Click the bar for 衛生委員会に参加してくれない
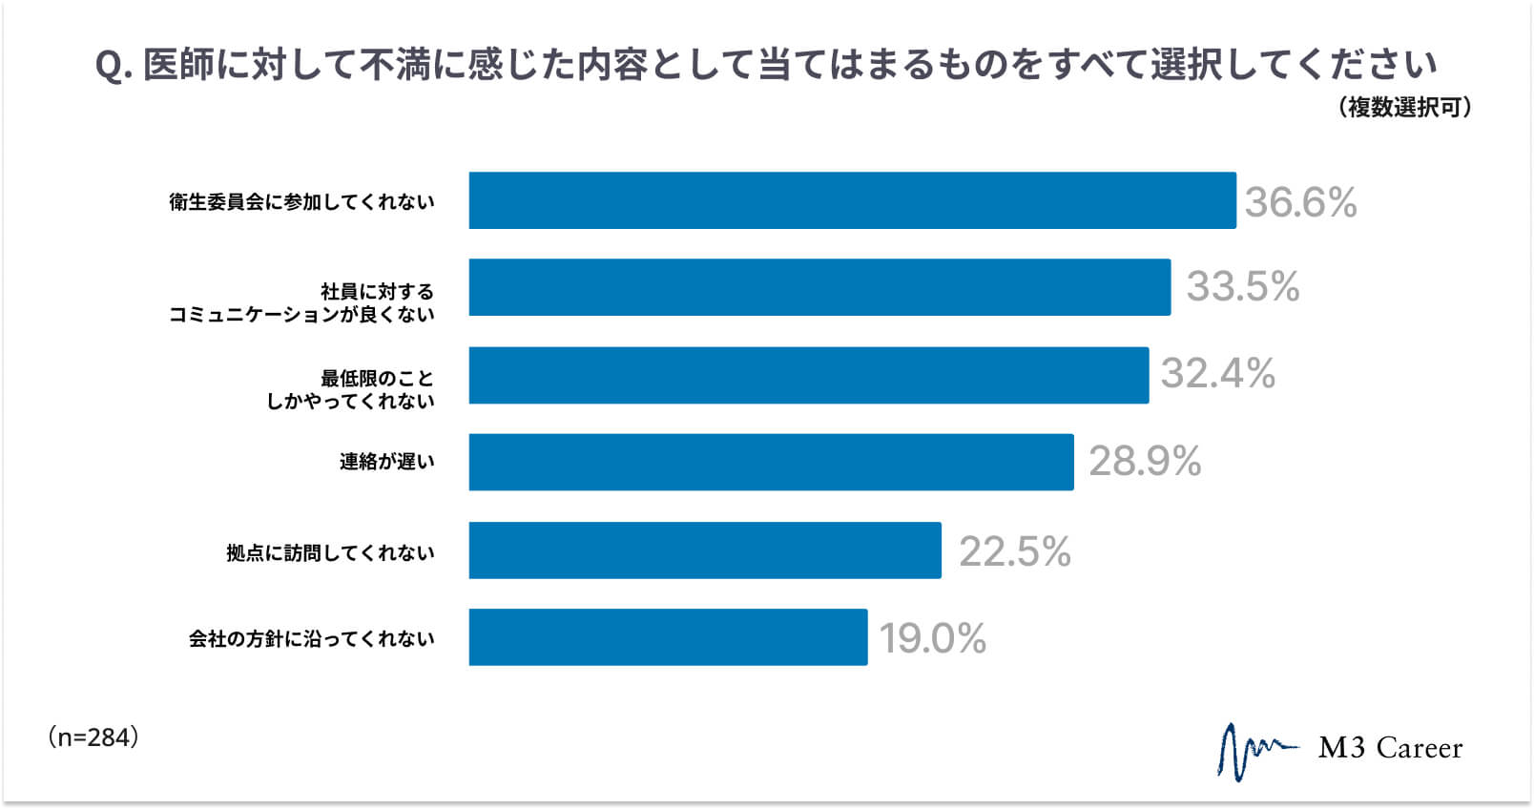(x=852, y=200)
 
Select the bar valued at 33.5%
(x=819, y=287)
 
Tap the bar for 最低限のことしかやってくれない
(x=808, y=375)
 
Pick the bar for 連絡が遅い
(x=771, y=462)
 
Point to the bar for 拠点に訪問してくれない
(x=705, y=550)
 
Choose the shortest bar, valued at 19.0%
(x=668, y=637)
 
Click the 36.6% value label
(x=1300, y=202)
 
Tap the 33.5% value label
(x=1242, y=286)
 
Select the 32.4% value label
(x=1217, y=374)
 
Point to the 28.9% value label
(x=1145, y=462)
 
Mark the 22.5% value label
(x=1014, y=551)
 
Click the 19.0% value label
(x=932, y=638)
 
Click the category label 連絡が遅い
(x=386, y=462)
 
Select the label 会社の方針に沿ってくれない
(x=311, y=638)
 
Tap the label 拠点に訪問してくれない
(x=330, y=552)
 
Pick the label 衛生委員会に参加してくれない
(x=301, y=201)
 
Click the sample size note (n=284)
(x=93, y=736)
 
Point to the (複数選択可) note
(x=1404, y=107)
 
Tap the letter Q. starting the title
(x=113, y=66)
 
